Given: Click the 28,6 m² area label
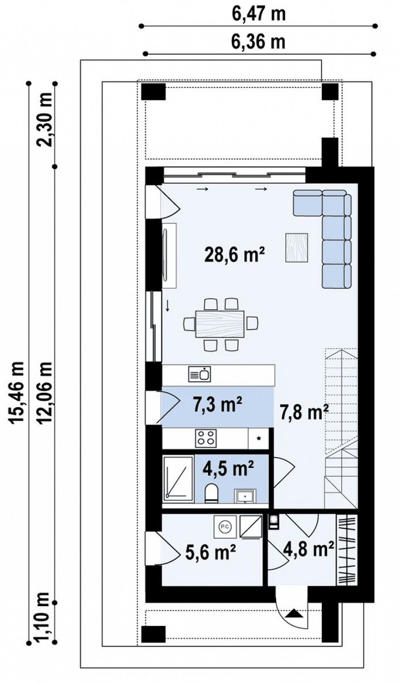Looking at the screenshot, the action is click(235, 255).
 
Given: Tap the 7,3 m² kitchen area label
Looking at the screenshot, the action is click(217, 405).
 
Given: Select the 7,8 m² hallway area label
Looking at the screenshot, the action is click(304, 412).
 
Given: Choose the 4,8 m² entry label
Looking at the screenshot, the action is click(309, 549).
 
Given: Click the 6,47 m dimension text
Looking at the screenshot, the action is click(258, 14).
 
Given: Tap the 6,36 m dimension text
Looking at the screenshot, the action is click(258, 41).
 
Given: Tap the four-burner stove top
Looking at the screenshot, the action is click(206, 438).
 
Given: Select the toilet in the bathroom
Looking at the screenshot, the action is click(212, 493).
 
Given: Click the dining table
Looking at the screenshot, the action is click(220, 323).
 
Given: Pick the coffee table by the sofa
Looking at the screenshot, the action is click(297, 247).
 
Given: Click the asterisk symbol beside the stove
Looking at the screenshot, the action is click(258, 438).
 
